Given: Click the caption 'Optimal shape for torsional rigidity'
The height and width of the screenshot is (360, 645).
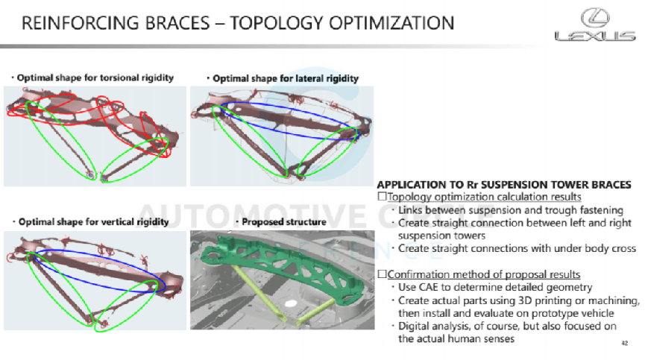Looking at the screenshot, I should coord(95,78).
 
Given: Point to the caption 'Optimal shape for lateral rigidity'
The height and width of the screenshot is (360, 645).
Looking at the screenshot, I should coord(286,78).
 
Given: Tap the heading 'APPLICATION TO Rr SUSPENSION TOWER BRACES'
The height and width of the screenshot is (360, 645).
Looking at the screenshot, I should coord(505,184).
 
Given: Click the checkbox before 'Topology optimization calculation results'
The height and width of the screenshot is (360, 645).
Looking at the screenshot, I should coord(382,197).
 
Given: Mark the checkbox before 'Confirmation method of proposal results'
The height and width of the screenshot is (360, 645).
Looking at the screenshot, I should coord(382,274).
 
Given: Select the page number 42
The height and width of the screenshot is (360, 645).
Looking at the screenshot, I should coord(624,344).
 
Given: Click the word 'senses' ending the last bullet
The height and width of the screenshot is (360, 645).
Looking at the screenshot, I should coord(496,339).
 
